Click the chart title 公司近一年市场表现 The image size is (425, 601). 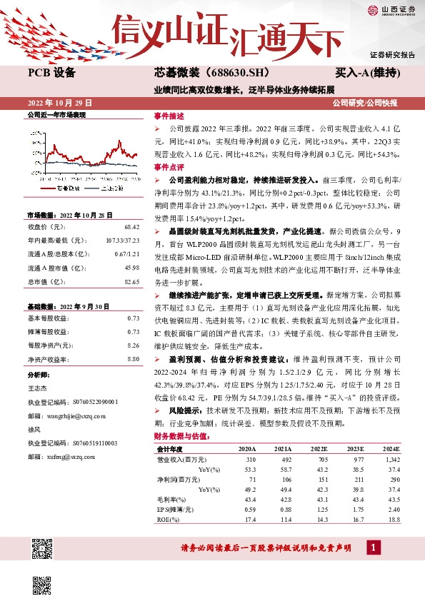56,114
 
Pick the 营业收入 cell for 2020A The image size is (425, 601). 249,460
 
